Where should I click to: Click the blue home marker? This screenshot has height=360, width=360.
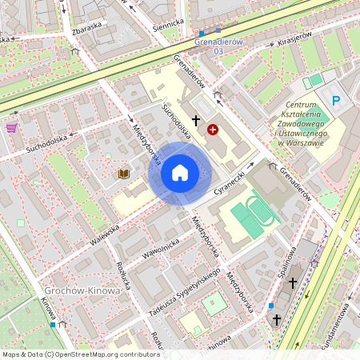point(180,172)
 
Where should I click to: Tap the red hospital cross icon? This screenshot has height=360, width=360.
point(213,128)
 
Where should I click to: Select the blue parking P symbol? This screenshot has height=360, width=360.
point(336,101)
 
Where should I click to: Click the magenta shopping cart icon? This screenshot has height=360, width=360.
point(11,127)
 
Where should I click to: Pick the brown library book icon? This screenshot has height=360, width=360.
point(123,173)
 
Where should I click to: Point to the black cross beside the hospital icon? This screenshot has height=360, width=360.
point(195,118)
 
